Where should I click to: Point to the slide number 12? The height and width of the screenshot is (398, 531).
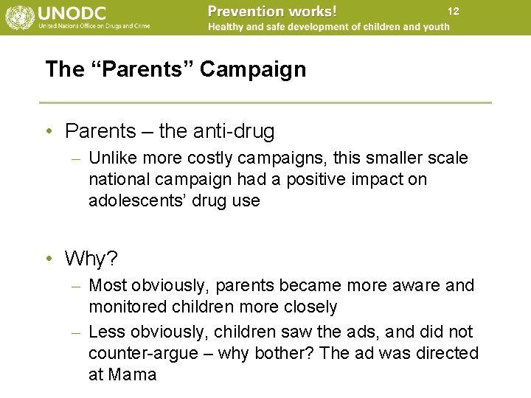pos(453,11)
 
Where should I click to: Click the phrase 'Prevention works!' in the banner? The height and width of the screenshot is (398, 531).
pos(272,11)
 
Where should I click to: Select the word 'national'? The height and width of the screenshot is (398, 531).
pos(118,179)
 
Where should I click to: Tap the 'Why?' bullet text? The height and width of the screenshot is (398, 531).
pos(90,259)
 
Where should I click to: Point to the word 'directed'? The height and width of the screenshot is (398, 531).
pos(445,353)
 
